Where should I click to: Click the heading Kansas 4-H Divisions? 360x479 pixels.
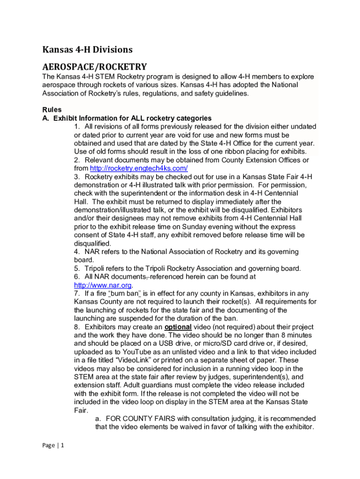coord(87,49)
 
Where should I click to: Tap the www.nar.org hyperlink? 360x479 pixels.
coord(103,285)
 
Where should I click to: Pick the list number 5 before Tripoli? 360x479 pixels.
coord(77,269)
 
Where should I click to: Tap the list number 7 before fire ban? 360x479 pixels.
coord(77,294)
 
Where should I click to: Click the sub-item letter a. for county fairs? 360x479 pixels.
coord(99,419)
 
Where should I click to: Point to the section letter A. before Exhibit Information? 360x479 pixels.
coord(46,118)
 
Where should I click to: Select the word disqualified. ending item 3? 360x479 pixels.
coord(93,243)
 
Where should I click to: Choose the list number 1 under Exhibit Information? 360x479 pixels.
coord(77,127)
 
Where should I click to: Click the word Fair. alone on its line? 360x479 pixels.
coord(81,410)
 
